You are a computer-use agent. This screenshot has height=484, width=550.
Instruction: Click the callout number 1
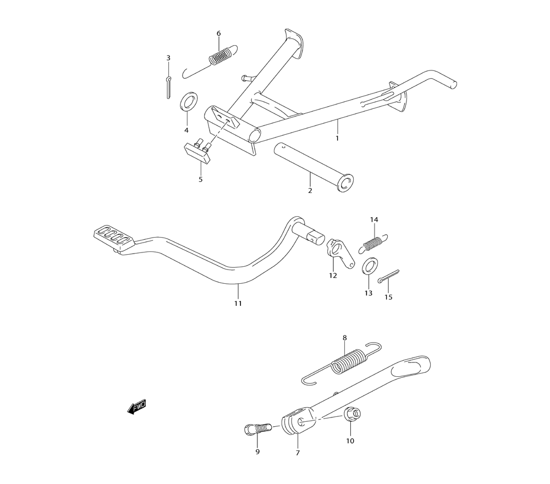pyautogui.click(x=337, y=138)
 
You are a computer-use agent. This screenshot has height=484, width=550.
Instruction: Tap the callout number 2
pyautogui.click(x=310, y=190)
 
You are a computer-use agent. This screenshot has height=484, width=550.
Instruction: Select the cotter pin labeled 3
pyautogui.click(x=169, y=86)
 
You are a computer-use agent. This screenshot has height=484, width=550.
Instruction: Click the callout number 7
pyautogui.click(x=298, y=453)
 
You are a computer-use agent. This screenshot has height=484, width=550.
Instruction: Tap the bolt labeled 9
pyautogui.click(x=257, y=428)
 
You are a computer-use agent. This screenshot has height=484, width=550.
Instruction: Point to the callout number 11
pyautogui.click(x=238, y=303)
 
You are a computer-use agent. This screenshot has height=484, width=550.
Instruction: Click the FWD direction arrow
pyautogui.click(x=137, y=408)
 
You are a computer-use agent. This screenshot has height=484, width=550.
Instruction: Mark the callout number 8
pyautogui.click(x=345, y=338)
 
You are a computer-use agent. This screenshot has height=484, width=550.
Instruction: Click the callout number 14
pyautogui.click(x=374, y=219)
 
